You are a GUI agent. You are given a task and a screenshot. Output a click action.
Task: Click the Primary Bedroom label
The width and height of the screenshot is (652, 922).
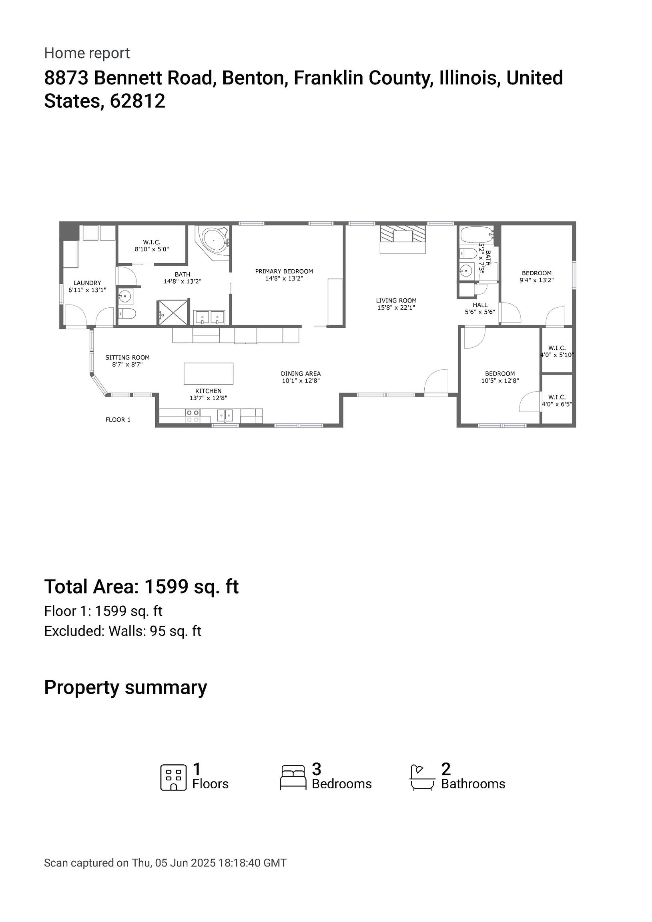[284, 271]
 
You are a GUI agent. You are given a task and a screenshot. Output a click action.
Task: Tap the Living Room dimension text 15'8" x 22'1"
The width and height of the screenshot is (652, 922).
[396, 308]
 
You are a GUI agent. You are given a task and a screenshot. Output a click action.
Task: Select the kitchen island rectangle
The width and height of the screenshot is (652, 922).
[209, 373]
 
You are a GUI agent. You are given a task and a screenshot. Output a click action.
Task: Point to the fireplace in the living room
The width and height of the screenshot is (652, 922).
[403, 239]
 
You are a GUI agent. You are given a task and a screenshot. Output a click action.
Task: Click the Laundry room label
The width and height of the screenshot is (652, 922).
[87, 283]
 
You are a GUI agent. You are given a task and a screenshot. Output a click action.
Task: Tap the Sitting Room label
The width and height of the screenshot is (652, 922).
[127, 357]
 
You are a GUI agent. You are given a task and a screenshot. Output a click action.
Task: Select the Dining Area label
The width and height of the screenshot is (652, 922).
[301, 374]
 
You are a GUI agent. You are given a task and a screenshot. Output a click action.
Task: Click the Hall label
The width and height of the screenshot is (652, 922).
[480, 305]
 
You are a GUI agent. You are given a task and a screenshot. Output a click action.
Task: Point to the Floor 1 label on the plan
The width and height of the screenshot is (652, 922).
[118, 420]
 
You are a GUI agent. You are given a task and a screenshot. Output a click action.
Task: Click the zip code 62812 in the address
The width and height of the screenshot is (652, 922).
[137, 101]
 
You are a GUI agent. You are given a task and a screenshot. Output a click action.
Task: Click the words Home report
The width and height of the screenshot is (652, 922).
[87, 53]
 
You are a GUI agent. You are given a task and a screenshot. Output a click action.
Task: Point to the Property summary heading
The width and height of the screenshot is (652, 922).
[125, 687]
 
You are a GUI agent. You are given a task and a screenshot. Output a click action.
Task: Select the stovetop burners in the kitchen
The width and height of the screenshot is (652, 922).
[193, 416]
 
